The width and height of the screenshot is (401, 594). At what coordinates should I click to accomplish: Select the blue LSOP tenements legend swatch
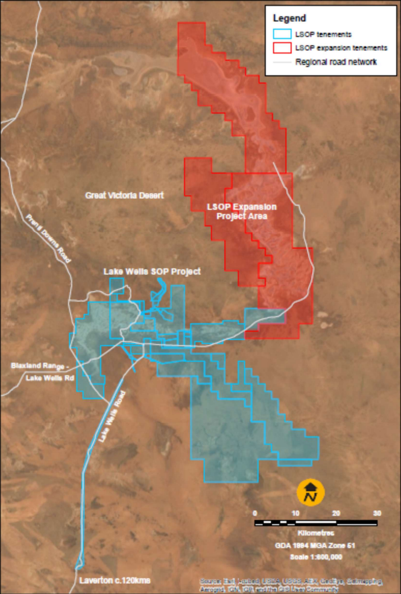point(281,34)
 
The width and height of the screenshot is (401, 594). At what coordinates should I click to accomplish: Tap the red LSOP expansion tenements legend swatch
point(281,47)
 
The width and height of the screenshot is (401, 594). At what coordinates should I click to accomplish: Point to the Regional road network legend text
point(336,62)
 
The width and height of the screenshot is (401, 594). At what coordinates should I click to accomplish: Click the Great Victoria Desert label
point(125,195)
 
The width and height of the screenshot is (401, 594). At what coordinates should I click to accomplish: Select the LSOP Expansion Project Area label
point(238,211)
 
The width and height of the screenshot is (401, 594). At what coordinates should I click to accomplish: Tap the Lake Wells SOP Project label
point(152,271)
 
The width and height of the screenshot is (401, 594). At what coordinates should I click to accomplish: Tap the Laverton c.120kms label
point(115,581)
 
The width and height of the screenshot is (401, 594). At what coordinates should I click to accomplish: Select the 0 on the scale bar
point(255,513)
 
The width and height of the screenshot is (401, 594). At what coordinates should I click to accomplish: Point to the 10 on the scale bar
point(295,513)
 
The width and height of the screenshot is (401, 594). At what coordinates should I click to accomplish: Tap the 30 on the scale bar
point(377,513)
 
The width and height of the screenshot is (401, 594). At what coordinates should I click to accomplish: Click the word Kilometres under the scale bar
point(317,534)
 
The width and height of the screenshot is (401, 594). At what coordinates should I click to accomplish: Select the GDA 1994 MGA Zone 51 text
point(317,545)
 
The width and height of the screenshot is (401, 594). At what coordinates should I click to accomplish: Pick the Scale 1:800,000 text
point(317,557)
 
